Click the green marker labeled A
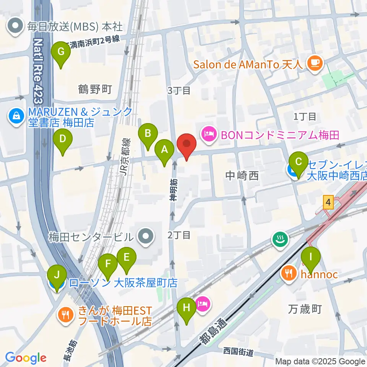165,149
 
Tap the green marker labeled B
148,133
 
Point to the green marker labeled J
57,275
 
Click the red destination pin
187,144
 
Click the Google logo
25,358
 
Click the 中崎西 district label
242,175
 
